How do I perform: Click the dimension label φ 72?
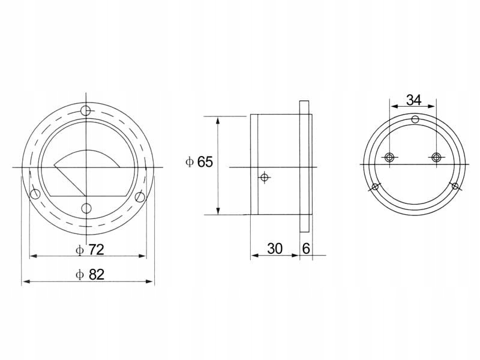coord(90,250)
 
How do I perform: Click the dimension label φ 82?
coord(90,275)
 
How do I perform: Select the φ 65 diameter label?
coord(199,162)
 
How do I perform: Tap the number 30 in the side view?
coord(275,248)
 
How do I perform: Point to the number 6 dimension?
coord(306,248)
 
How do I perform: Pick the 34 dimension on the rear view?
coord(413,100)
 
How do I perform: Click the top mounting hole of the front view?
coord(86,110)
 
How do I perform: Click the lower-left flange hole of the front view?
coord(35,193)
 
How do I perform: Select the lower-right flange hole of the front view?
coord(140,197)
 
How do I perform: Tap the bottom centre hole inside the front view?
coord(86,208)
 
